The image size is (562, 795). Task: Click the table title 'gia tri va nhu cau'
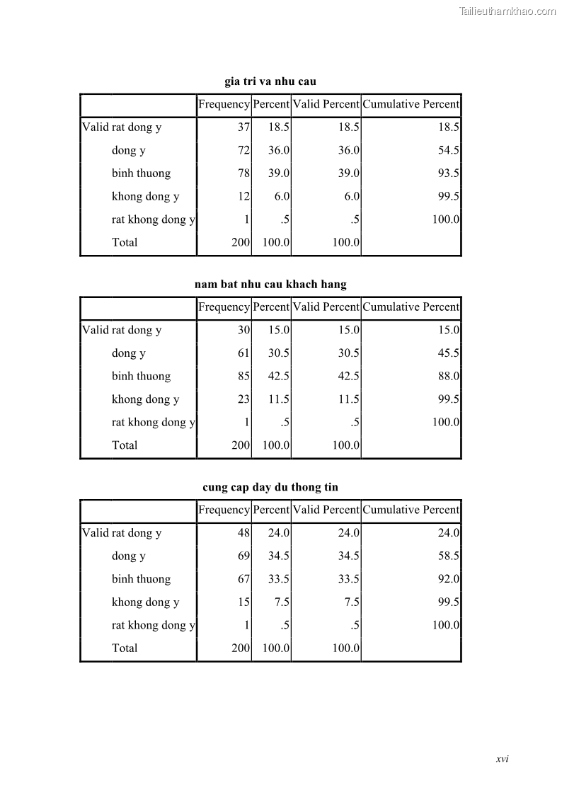coord(270,81)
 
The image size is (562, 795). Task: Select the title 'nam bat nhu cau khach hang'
coord(270,285)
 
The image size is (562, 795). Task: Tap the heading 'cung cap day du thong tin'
coord(270,487)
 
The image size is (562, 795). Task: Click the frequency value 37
coord(244,127)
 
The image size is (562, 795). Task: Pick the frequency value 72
coord(244,150)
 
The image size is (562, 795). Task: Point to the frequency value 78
coord(244,173)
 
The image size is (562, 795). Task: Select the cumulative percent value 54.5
coord(449,150)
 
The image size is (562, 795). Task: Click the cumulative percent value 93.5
coord(449,173)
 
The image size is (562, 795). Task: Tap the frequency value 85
coord(244,376)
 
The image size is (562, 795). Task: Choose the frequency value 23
coord(244,399)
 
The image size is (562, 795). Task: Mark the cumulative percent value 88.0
coord(449,376)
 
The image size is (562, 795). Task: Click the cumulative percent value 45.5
coord(449,353)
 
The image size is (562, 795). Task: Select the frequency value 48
coord(244,533)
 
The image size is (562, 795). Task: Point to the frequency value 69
coord(244,556)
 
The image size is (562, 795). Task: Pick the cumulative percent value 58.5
coord(449,556)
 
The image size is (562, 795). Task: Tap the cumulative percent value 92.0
coord(449,579)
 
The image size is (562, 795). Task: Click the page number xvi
coord(503,759)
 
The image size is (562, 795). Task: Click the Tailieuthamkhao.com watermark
coord(507,11)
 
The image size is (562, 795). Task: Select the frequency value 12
coord(244,196)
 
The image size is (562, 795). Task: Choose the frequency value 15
coord(244,602)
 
